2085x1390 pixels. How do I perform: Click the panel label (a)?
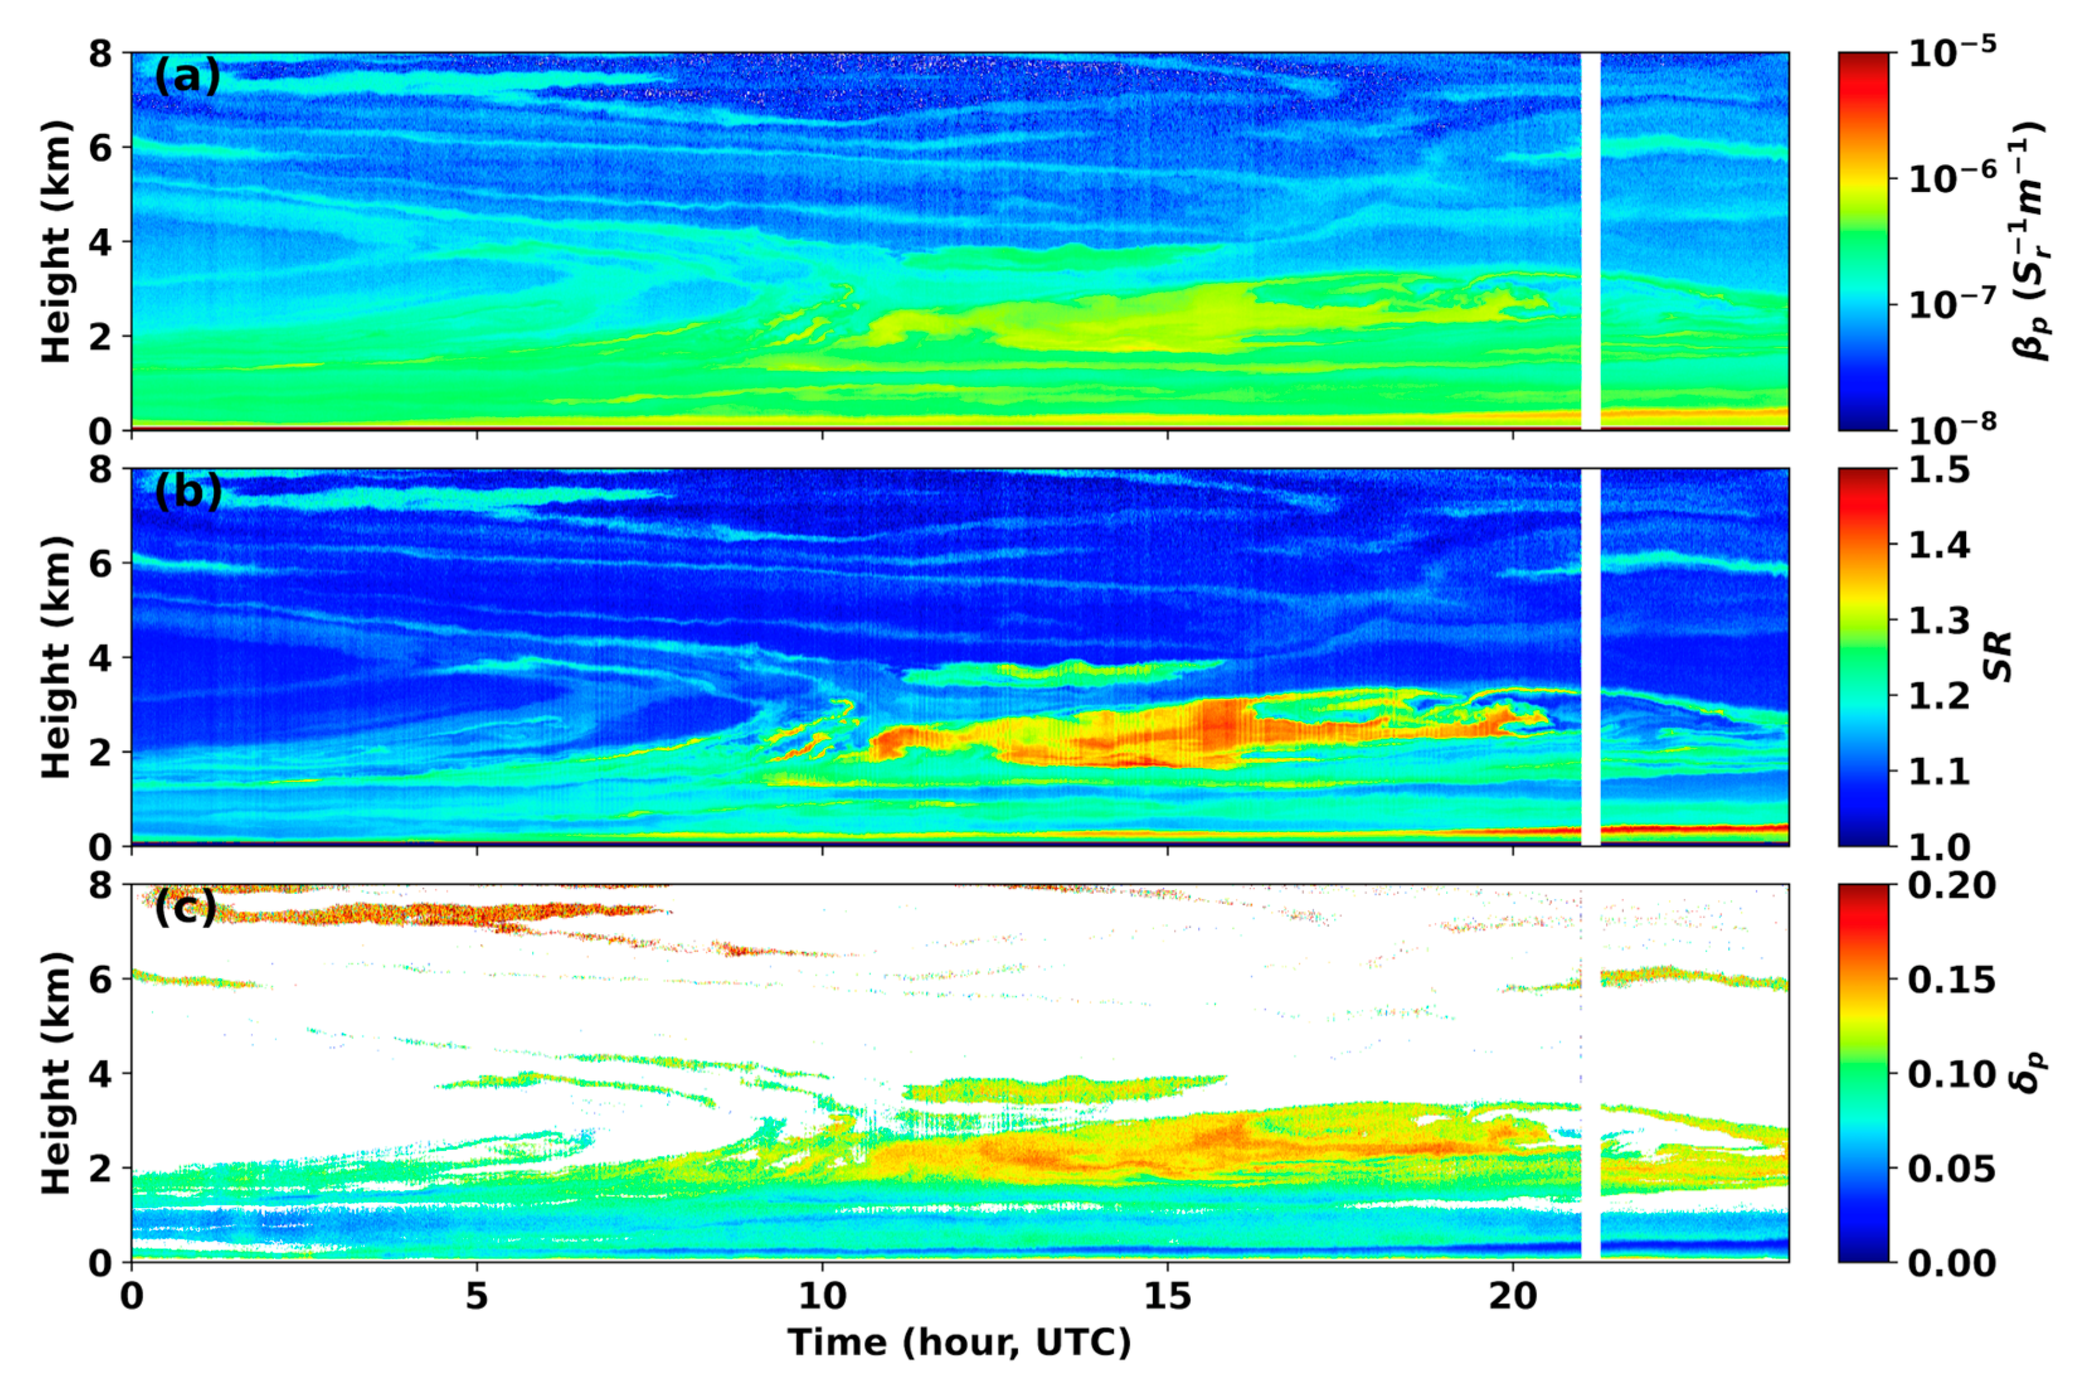(186, 79)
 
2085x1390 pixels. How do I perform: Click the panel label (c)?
(185, 908)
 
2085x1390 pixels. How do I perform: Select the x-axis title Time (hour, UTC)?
(959, 1342)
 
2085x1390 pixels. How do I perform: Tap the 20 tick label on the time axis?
(1512, 1296)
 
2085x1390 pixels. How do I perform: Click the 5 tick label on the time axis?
(477, 1296)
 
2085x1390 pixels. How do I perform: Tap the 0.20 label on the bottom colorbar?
(1950, 886)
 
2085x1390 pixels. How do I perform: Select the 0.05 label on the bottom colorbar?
(1950, 1168)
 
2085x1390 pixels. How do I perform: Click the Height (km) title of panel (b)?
(55, 657)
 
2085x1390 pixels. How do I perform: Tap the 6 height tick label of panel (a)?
(100, 147)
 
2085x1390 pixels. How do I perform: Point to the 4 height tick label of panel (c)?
(100, 1073)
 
